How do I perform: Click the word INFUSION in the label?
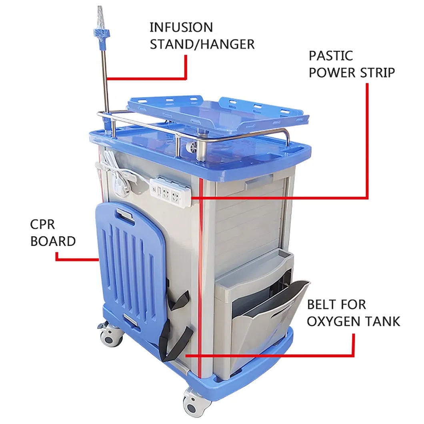[x=181, y=28]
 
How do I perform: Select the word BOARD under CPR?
[x=53, y=241]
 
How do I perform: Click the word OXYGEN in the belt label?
[x=335, y=321]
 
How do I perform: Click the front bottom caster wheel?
[x=197, y=405]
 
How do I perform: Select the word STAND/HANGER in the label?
[x=202, y=44]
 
